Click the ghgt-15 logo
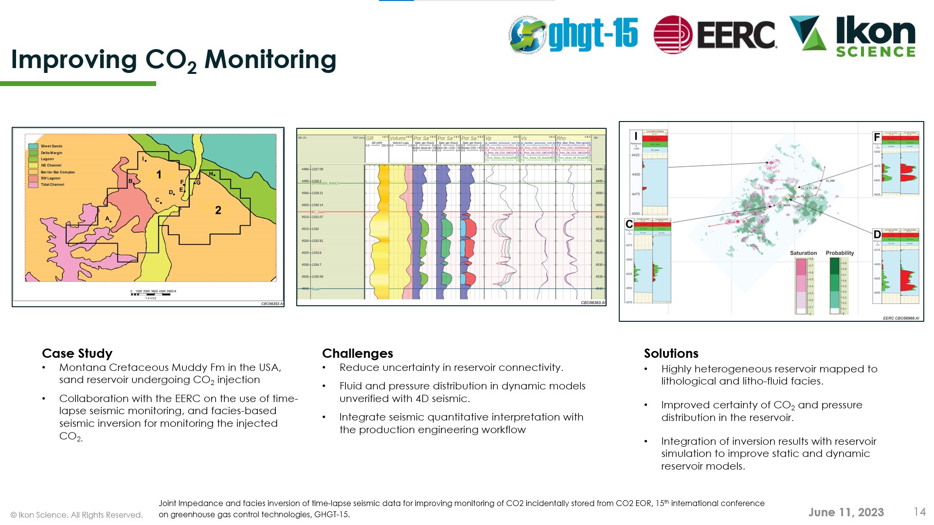coord(574,34)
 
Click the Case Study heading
coord(77,353)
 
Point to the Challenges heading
coord(357,353)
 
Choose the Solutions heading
coord(671,353)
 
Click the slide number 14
coord(919,512)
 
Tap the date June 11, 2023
coord(845,512)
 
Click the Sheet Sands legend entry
coord(51,146)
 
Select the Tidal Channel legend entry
coord(52,185)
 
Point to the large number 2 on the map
coord(218,210)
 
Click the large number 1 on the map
coord(159,175)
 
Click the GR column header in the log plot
coord(370,139)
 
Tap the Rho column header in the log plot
coord(561,139)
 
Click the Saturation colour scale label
coord(803,253)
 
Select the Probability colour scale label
coord(840,253)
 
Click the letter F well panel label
coord(877,137)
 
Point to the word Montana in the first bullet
coord(82,367)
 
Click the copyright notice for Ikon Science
coord(76,515)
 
